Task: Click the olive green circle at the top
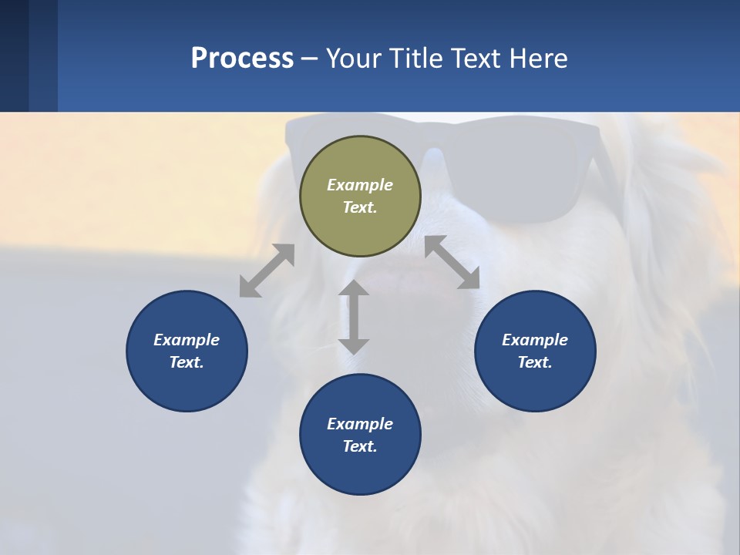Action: coord(360,197)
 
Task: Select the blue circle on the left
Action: coord(187,351)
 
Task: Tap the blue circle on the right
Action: coord(535,351)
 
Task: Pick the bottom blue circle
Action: coord(360,435)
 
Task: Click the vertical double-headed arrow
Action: coord(354,317)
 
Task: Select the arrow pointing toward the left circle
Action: coord(267,270)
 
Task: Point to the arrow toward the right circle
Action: coord(452,262)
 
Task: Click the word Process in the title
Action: coord(242,58)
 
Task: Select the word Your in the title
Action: coord(354,58)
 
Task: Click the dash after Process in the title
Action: coord(309,59)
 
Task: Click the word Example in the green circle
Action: coord(360,185)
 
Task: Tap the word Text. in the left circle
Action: coord(187,362)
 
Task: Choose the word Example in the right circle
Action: coord(535,340)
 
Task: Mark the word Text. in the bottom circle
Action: coord(360,446)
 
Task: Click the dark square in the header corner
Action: coord(15,56)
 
